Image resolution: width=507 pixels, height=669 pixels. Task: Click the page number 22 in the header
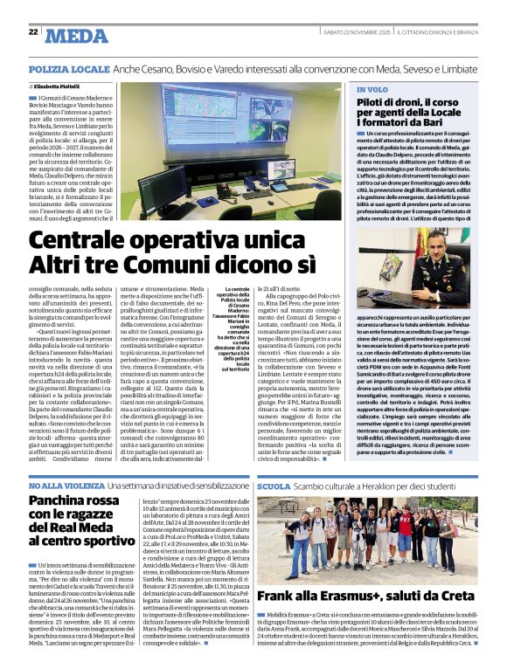point(33,31)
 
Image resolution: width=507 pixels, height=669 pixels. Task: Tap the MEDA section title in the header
point(78,35)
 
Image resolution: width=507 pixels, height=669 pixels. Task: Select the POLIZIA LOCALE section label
point(67,68)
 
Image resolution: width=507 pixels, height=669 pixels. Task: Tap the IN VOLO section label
point(372,90)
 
